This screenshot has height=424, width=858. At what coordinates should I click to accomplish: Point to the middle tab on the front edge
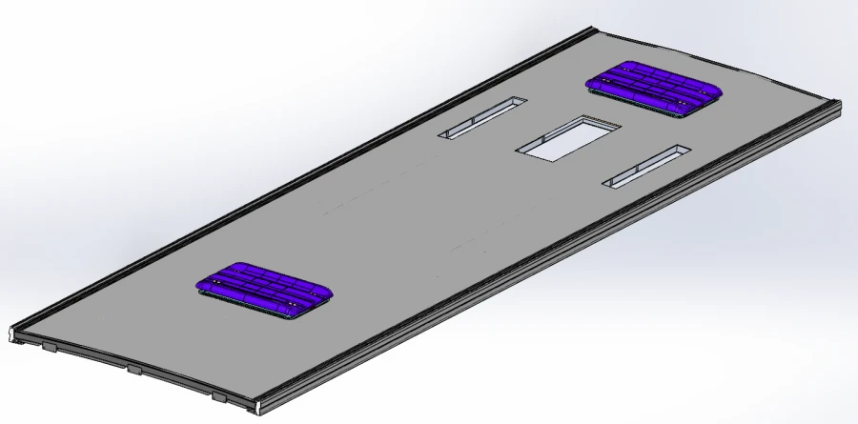(134, 369)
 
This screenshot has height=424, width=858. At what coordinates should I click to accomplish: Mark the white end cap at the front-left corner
(12, 333)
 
